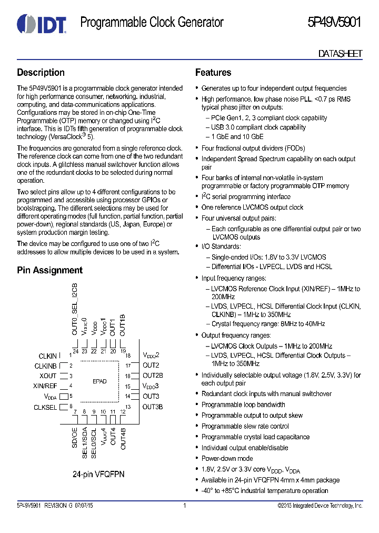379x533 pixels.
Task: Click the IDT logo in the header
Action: point(41,24)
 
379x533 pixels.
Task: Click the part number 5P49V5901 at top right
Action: point(334,23)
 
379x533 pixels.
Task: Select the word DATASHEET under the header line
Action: point(340,54)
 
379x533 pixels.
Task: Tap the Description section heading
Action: point(41,73)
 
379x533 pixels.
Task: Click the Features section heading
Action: point(213,73)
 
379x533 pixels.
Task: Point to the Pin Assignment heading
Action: point(49,270)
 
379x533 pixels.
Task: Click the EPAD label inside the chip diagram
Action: point(99,381)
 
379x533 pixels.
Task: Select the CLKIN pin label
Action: point(48,357)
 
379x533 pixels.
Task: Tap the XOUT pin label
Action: point(48,376)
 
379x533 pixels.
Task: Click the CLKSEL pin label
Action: point(46,407)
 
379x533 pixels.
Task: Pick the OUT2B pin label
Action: point(153,376)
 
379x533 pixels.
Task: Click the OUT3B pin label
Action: point(153,407)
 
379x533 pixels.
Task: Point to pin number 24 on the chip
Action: point(76,351)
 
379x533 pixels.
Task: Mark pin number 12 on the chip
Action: point(122,412)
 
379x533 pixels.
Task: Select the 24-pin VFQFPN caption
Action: point(98,474)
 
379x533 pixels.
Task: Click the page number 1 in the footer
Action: point(185,506)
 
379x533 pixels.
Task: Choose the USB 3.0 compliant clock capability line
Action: point(258,127)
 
